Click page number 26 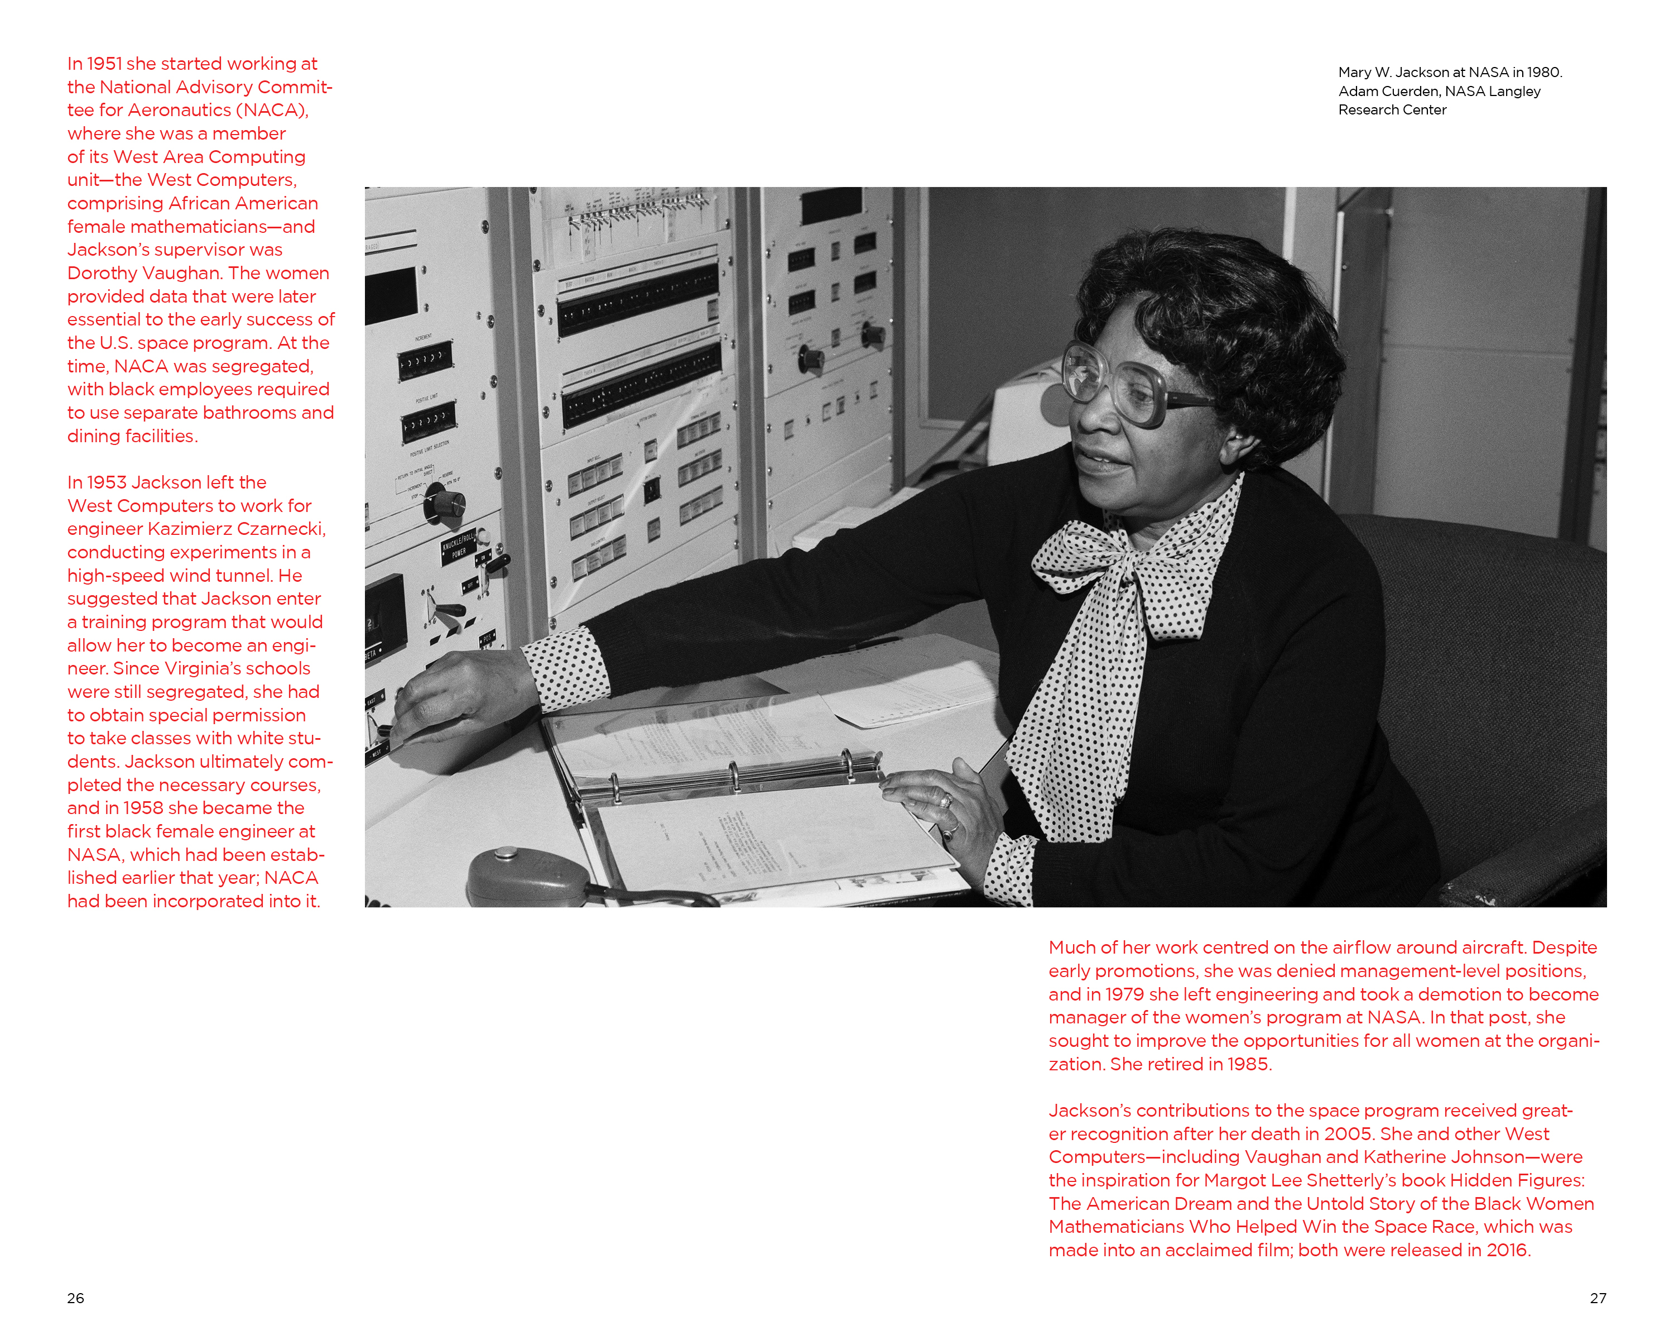[75, 1298]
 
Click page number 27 [1598, 1298]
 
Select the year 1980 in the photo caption [1543, 72]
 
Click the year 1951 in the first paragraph [104, 64]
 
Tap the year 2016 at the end [1507, 1251]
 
